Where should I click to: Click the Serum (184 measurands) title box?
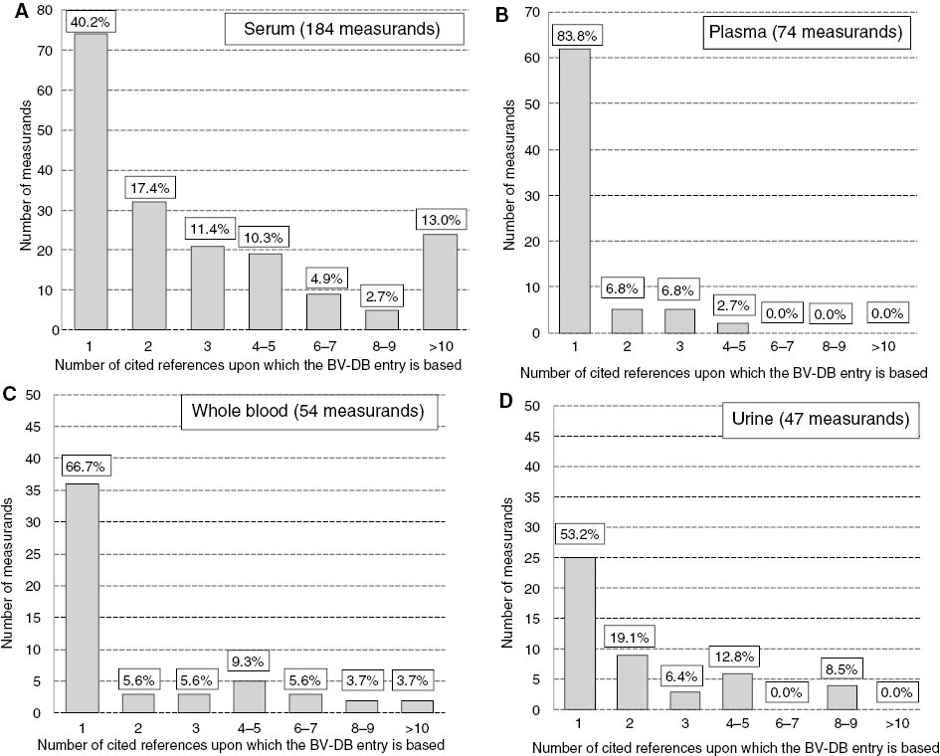click(343, 30)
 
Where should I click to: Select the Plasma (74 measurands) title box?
click(805, 33)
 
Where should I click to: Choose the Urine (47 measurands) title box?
click(819, 419)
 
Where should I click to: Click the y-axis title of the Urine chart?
click(506, 557)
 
